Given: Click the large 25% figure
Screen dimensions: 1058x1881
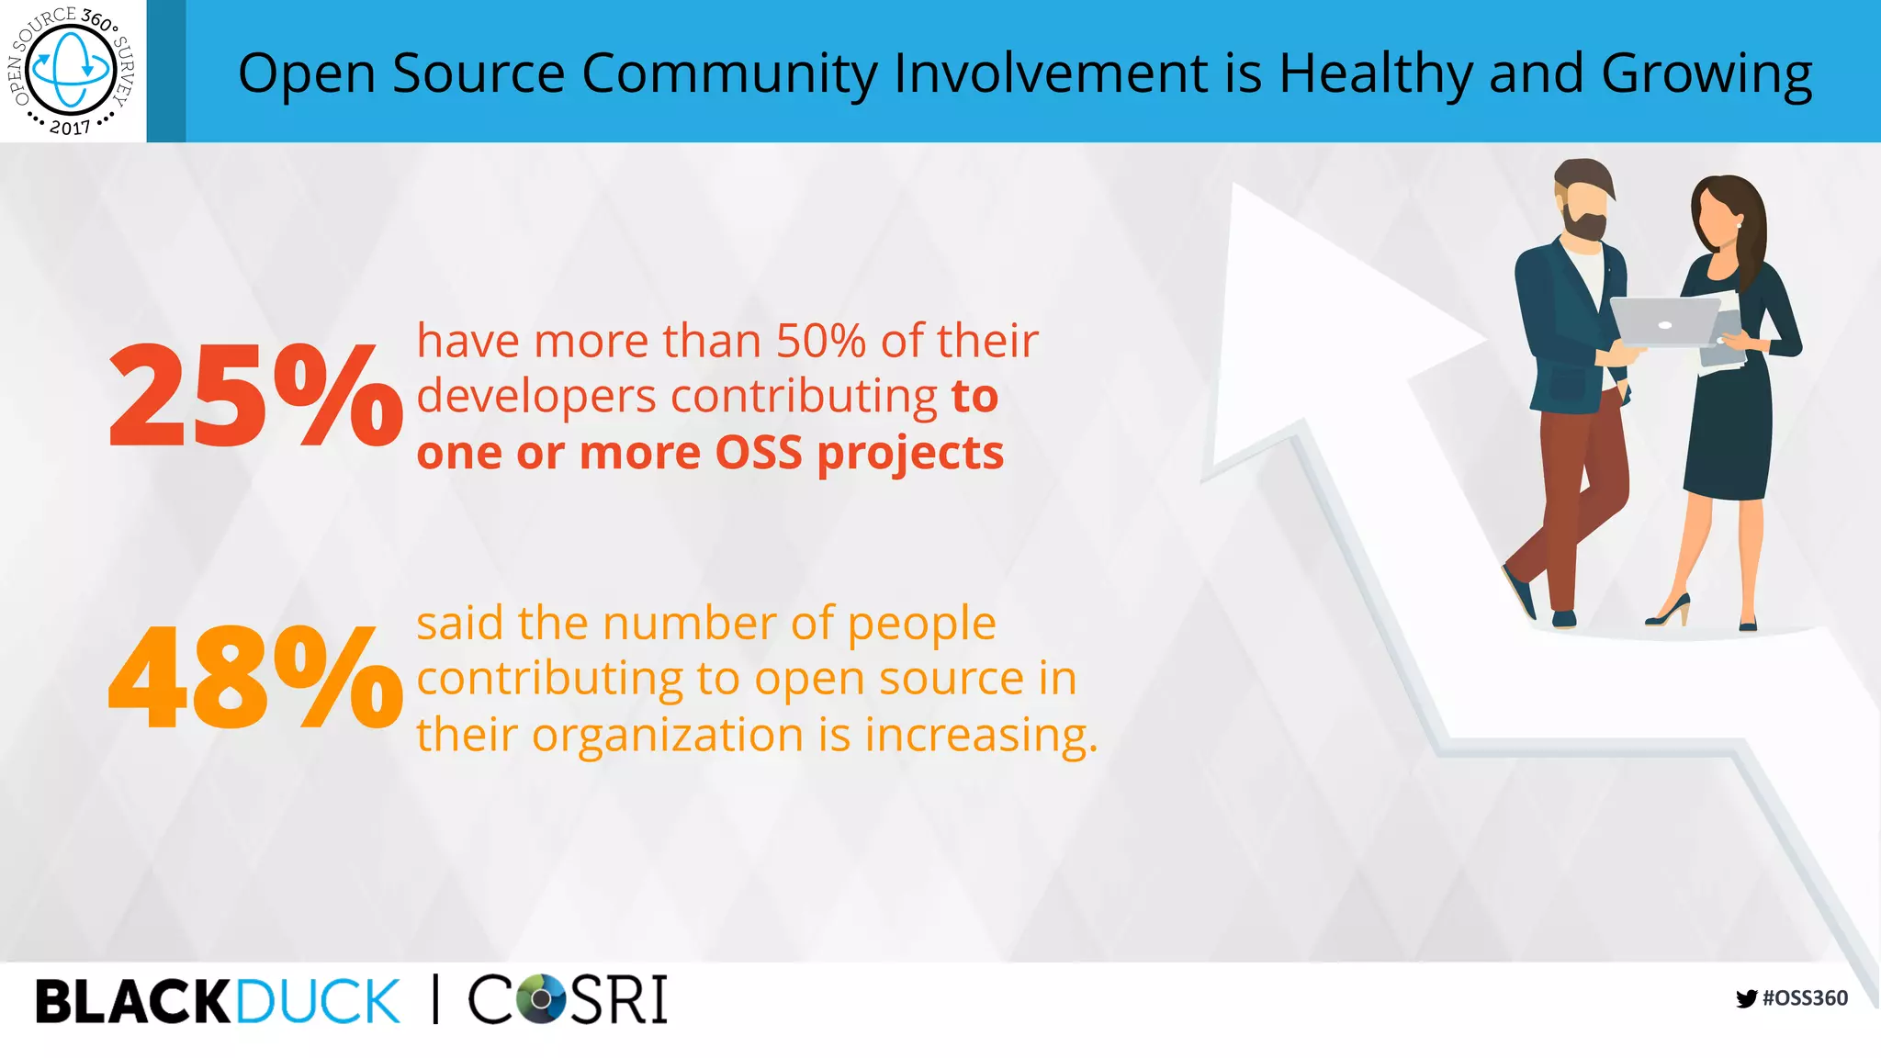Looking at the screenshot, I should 254,395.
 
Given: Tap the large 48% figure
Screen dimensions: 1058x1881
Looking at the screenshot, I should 254,677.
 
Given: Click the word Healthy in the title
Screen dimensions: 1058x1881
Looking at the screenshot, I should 1375,73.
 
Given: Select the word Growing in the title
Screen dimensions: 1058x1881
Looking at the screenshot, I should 1706,73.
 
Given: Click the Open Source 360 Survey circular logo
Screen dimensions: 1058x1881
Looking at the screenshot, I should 72,70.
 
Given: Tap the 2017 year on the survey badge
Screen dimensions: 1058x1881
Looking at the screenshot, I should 70,128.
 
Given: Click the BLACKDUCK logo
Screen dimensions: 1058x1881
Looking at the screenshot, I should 218,1000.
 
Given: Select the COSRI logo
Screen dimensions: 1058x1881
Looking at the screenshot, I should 568,999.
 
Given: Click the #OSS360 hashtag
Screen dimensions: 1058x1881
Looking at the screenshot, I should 1805,998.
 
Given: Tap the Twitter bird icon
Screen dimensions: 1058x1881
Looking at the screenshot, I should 1746,999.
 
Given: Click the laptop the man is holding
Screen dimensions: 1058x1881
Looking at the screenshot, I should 1664,321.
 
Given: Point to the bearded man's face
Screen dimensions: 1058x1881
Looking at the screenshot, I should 1584,207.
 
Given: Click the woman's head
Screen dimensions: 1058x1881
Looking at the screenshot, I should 1725,213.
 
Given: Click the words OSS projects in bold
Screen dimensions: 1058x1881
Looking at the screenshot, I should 859,453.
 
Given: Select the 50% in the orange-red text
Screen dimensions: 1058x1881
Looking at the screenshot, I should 820,341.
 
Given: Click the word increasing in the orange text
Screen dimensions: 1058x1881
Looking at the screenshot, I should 980,735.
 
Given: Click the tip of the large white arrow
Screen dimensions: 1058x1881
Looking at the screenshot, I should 1240,193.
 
